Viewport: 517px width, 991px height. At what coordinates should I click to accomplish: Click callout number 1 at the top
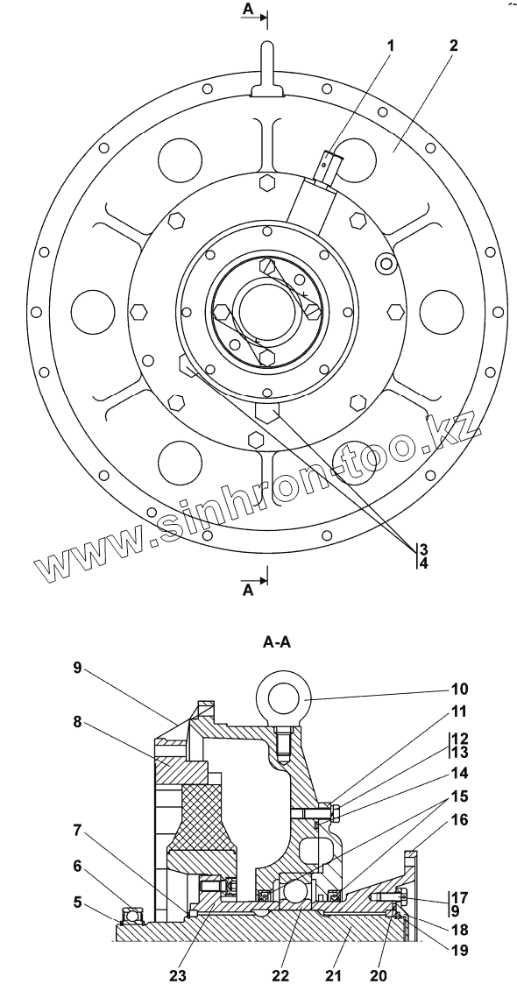click(391, 46)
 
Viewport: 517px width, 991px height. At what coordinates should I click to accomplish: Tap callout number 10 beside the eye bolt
click(460, 689)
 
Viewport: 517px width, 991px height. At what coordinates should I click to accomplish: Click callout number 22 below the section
click(280, 975)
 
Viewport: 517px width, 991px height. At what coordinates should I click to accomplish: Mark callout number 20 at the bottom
click(378, 975)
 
